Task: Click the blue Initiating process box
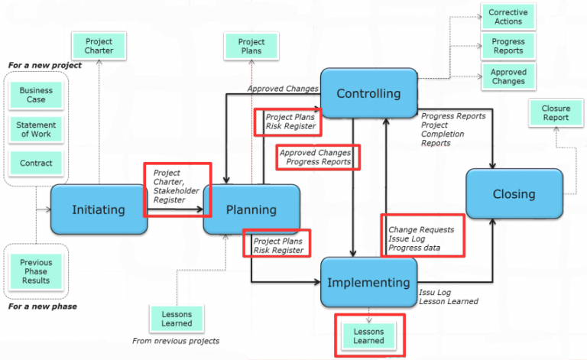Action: click(99, 209)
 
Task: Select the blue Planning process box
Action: click(251, 209)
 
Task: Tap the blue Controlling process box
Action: click(368, 93)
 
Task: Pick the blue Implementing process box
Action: click(368, 282)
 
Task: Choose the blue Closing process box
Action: click(514, 194)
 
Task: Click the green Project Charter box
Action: click(99, 46)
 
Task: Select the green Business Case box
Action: click(36, 95)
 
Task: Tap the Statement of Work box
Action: click(36, 129)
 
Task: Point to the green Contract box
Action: click(36, 163)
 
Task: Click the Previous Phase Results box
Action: click(36, 271)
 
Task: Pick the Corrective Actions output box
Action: click(508, 17)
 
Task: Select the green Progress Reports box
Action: click(508, 46)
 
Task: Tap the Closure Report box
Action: click(556, 112)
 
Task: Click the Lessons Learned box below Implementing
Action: click(368, 336)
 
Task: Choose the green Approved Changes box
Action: click(508, 76)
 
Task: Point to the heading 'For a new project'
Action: click(45, 65)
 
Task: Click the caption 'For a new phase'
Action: click(43, 306)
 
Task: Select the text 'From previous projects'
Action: click(176, 341)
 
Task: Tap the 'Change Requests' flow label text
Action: click(421, 230)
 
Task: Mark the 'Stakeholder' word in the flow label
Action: click(177, 191)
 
